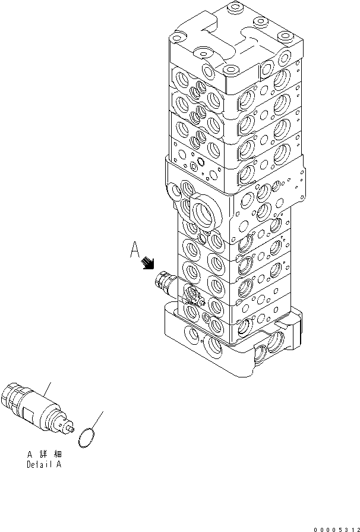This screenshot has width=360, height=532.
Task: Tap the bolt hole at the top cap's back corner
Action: pos(232,9)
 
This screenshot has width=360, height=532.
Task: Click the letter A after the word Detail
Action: pos(58,465)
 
